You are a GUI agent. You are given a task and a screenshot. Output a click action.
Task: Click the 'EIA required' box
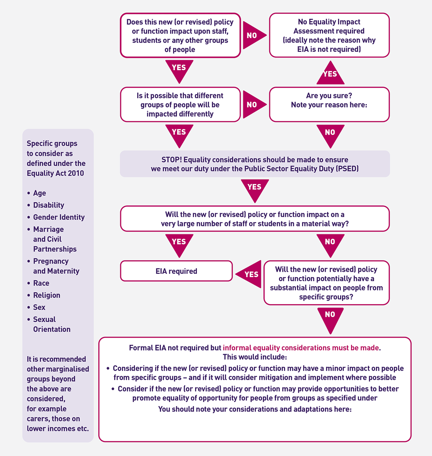coord(176,271)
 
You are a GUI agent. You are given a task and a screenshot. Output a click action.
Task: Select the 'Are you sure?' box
coord(329,104)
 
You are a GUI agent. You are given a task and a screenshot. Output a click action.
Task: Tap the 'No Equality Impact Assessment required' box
coord(329,35)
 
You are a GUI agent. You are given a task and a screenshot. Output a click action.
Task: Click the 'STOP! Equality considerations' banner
coord(255,164)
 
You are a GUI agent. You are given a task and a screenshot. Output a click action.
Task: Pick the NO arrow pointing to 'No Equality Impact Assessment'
coord(253,35)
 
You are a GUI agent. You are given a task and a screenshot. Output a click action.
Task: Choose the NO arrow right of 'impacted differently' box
coord(253,105)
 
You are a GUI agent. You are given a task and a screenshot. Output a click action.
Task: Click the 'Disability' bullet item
coord(49,205)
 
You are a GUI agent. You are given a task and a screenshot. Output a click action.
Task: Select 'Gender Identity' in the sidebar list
coord(59,217)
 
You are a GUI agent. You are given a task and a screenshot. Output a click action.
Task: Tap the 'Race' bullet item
coord(41,283)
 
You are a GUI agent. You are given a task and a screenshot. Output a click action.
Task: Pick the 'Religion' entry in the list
coord(47,295)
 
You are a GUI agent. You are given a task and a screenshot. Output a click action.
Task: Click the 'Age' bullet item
coord(40,193)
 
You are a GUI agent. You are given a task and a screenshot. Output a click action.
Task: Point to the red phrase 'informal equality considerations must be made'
coord(301,348)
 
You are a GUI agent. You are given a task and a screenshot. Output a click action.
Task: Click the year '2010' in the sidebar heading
coord(76,173)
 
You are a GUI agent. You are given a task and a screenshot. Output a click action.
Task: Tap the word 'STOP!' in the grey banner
coord(171,159)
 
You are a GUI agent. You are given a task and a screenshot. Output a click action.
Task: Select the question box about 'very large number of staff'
coord(255,219)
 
